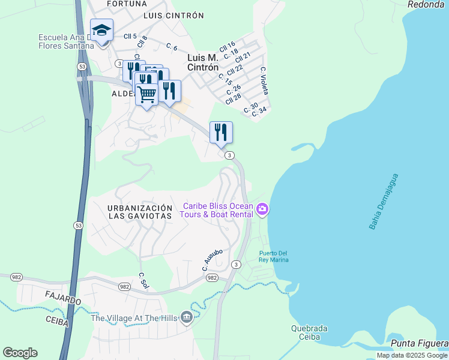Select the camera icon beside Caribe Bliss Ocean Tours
262,209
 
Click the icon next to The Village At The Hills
187,317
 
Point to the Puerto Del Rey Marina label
274,256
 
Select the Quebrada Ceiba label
309,332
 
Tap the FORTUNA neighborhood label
127,4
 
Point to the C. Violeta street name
264,80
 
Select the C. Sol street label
143,280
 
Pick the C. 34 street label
259,112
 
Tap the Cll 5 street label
130,36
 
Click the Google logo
20,353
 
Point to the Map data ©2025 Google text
412,355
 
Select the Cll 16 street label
227,46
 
